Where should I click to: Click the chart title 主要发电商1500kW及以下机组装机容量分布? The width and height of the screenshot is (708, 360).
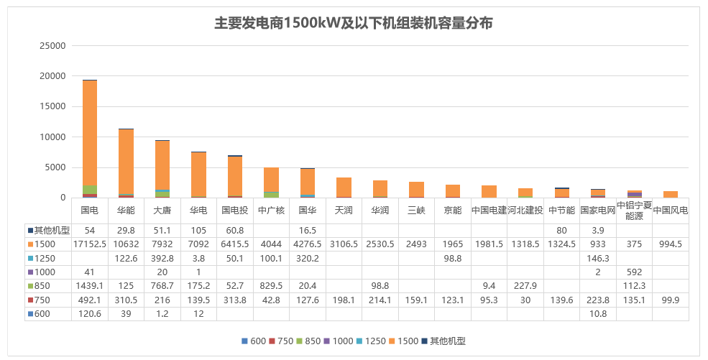pos(354,23)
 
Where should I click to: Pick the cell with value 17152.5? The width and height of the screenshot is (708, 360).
pos(90,244)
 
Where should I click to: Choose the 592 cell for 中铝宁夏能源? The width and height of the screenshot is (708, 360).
pos(634,272)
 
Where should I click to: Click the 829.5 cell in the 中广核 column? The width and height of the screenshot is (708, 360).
pos(271,285)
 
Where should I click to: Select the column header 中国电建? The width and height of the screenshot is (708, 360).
pos(489,211)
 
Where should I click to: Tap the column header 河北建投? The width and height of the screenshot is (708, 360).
pos(525,211)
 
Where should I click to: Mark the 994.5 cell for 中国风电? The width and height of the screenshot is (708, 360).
pos(671,244)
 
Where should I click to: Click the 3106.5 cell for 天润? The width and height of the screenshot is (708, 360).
pos(344,244)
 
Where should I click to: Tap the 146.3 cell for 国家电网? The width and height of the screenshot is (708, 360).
pos(598,258)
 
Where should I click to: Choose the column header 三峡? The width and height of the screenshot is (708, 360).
pos(416,211)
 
